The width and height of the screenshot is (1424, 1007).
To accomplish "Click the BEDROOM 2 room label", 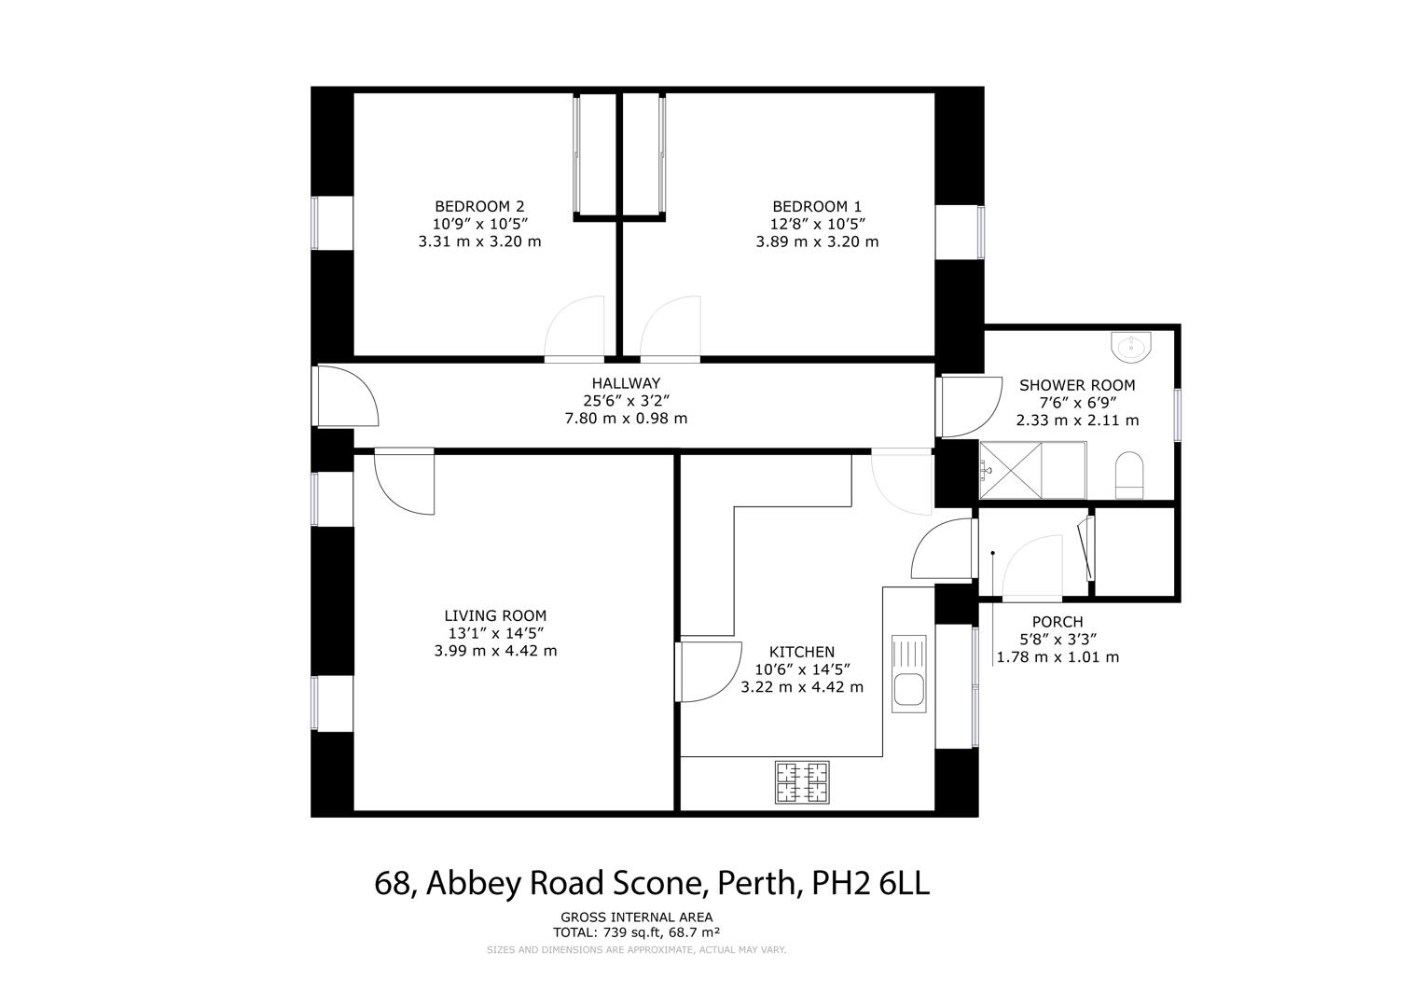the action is [x=479, y=207].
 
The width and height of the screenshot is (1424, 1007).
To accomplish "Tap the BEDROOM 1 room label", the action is [x=817, y=207].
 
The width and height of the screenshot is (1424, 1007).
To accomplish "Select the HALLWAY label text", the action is [x=626, y=383].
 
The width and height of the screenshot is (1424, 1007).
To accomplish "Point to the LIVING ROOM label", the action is [x=495, y=616].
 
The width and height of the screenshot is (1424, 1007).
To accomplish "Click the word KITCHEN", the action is [x=802, y=653].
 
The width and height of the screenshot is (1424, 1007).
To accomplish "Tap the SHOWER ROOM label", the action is [x=1077, y=385].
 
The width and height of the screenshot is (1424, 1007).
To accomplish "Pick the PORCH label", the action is [x=1058, y=622].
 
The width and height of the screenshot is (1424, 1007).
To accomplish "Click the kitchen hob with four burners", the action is [x=802, y=782].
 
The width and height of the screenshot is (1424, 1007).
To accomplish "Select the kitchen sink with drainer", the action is [x=908, y=673].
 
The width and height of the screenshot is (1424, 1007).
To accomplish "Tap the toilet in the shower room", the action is [x=1129, y=475].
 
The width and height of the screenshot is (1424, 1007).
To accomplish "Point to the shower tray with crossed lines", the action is [x=1011, y=471].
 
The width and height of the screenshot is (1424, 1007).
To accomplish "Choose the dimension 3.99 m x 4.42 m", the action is [x=495, y=651].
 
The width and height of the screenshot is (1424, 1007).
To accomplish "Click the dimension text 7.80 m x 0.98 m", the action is [x=626, y=419].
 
